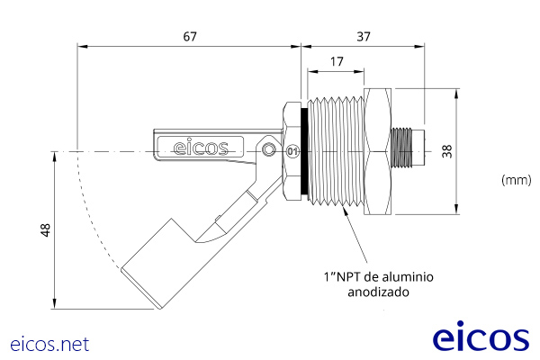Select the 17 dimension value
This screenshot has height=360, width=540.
click(x=335, y=62)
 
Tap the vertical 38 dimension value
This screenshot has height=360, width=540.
click(x=475, y=151)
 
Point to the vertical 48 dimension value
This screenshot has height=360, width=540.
click(x=45, y=230)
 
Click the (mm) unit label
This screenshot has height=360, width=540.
click(x=516, y=180)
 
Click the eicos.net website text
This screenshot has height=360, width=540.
click(x=49, y=344)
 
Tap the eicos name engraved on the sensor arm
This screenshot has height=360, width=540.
click(x=201, y=147)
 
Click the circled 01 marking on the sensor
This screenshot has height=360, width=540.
click(x=291, y=151)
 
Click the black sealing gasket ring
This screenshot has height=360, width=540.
click(x=304, y=151)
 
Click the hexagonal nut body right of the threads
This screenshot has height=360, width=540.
click(x=378, y=151)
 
